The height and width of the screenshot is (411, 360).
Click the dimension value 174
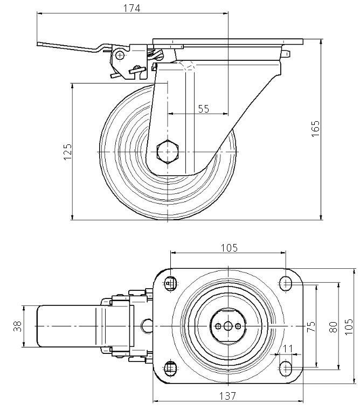tap(131, 9)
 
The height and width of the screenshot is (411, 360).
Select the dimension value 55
tap(203, 108)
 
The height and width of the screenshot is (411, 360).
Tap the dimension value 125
tap(67, 152)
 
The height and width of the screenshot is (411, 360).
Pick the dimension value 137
tap(229, 396)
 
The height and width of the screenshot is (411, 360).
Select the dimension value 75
tap(310, 328)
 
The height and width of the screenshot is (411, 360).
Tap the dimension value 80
tap(333, 327)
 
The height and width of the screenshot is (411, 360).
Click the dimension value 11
tap(288, 349)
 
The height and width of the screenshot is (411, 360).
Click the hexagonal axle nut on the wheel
tap(167, 152)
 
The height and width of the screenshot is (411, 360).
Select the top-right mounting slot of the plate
tap(286, 282)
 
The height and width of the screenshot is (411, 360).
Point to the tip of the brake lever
tap(39, 45)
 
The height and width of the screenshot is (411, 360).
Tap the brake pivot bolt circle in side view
tap(119, 55)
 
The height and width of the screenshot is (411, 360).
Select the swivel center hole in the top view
tap(228, 326)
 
